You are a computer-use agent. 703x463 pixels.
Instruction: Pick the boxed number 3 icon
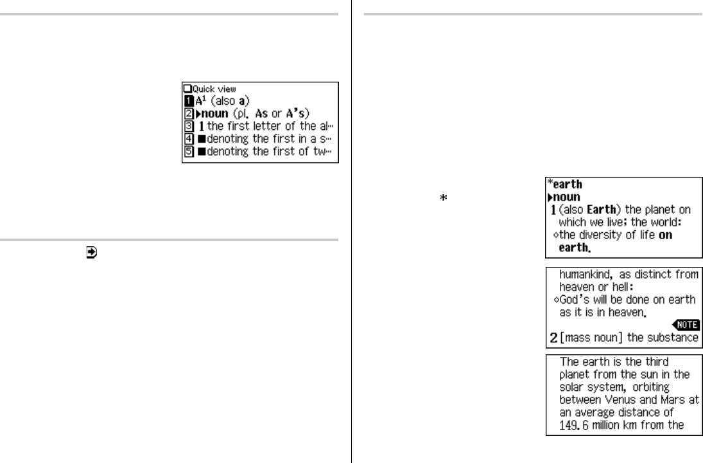pyautogui.click(x=187, y=126)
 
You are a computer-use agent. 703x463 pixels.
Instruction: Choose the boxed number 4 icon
pyautogui.click(x=187, y=140)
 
